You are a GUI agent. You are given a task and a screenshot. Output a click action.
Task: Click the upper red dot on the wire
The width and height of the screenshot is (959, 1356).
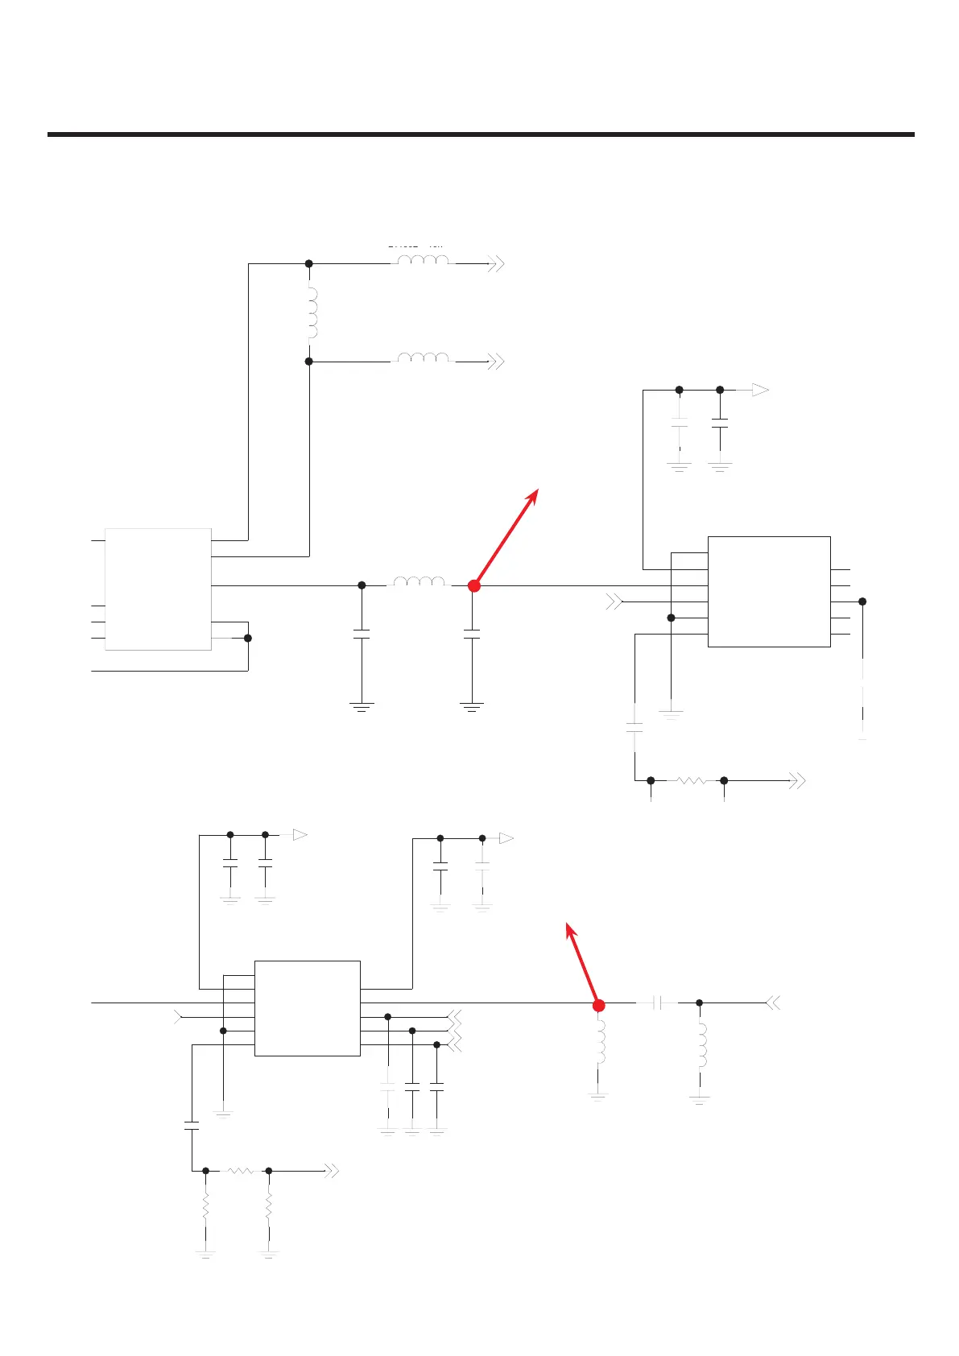click(474, 586)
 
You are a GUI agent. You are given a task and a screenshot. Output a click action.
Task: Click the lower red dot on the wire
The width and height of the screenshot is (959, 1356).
click(598, 1005)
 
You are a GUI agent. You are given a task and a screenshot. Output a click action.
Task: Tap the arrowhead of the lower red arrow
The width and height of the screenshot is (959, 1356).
click(568, 926)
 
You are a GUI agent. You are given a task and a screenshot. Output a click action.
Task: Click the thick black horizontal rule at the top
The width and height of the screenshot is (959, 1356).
click(481, 134)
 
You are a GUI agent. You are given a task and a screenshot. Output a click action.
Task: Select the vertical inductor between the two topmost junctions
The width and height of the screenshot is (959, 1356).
click(312, 312)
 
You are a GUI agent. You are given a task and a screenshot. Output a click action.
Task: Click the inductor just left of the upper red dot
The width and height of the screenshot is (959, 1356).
click(418, 581)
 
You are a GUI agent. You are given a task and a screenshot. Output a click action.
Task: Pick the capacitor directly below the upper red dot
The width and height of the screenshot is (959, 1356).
click(473, 635)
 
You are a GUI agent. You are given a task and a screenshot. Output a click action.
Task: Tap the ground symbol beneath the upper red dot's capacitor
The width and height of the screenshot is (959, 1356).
click(472, 708)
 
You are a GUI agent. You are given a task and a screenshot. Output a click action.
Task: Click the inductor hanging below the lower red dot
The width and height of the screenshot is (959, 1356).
click(600, 1043)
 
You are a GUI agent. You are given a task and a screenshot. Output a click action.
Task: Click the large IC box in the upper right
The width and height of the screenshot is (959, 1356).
click(769, 591)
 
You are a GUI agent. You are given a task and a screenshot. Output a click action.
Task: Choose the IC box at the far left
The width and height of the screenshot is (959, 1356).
click(158, 589)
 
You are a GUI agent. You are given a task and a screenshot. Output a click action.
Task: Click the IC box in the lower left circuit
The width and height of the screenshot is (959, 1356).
click(307, 1007)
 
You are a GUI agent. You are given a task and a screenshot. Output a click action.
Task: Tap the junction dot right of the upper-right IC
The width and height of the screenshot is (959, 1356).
click(862, 602)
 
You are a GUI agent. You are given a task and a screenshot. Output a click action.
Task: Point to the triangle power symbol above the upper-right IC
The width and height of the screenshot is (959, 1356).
click(759, 390)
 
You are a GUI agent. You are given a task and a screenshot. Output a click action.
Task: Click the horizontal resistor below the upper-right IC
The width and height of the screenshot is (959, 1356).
click(691, 780)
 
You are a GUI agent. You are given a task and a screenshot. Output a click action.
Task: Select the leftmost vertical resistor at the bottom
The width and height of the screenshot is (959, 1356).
click(206, 1207)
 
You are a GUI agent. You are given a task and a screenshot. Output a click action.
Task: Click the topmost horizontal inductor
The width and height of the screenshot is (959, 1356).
click(423, 260)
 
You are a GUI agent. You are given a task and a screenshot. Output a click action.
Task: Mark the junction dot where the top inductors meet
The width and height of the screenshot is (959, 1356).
click(308, 263)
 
